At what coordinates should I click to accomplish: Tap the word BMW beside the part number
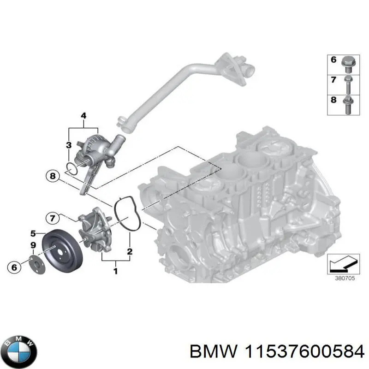(208, 352)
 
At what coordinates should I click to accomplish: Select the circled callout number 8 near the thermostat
(53, 176)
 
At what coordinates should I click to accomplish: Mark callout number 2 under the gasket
(130, 251)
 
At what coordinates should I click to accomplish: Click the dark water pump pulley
(61, 250)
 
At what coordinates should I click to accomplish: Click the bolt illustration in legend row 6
(346, 61)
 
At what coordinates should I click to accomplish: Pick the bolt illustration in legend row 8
(346, 103)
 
